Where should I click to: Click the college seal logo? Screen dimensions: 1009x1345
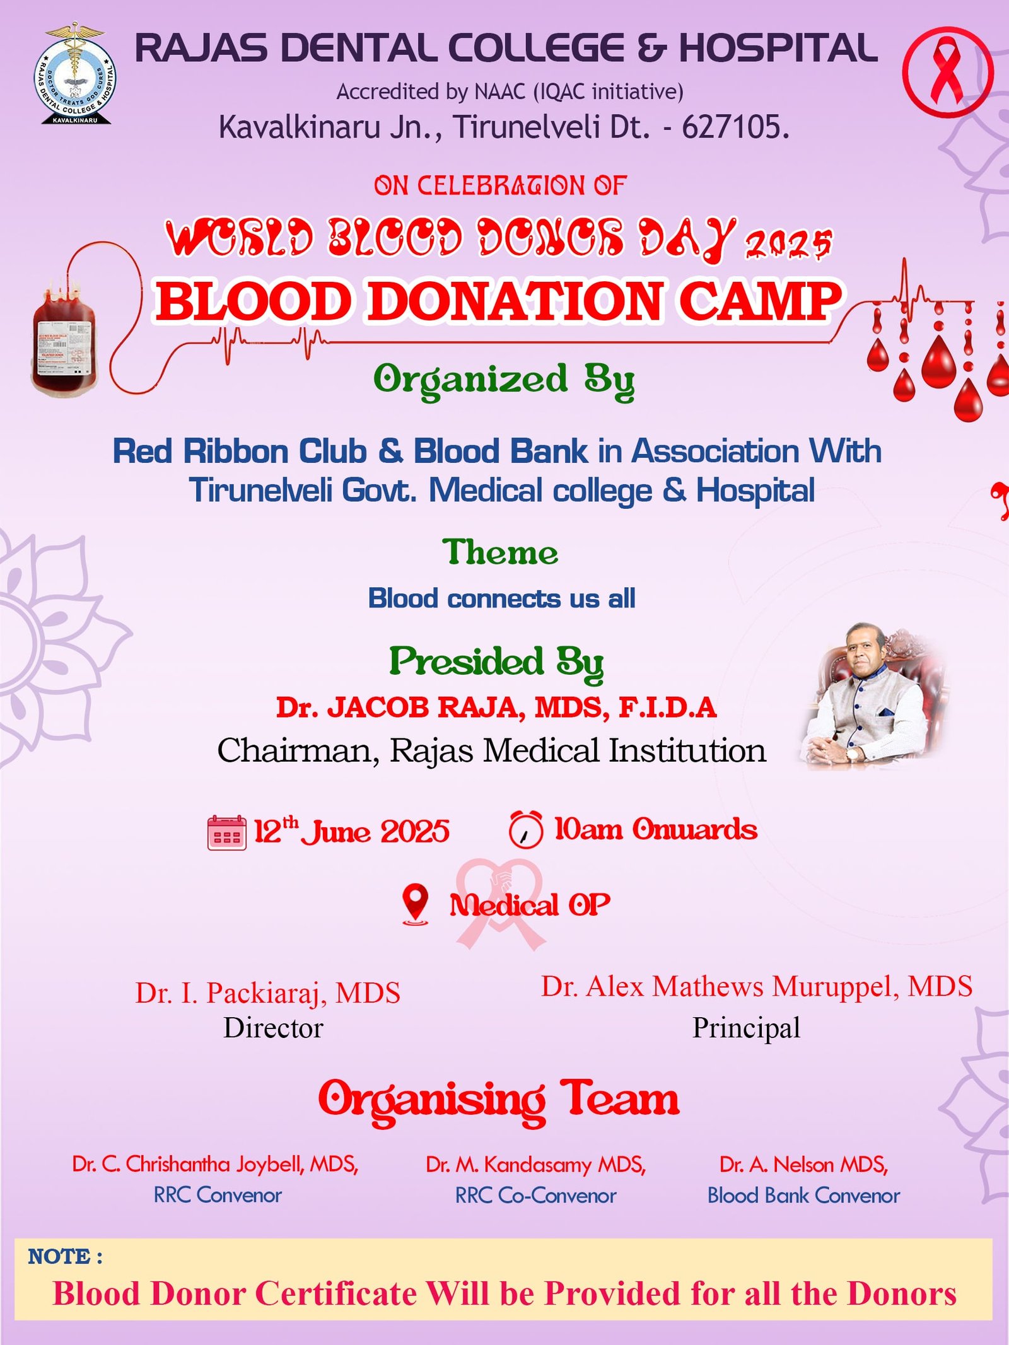point(74,74)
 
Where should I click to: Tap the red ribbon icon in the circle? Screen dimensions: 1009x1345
point(947,71)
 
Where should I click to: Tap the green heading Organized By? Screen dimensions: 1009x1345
point(504,380)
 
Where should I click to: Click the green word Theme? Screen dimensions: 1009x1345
point(500,552)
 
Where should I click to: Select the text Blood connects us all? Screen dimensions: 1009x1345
point(501,598)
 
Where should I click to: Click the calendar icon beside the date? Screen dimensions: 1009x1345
point(226,832)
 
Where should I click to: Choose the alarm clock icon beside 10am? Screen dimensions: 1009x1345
point(525,829)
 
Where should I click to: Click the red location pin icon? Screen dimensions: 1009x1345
point(415,904)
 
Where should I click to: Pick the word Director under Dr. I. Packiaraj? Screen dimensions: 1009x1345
point(273,1028)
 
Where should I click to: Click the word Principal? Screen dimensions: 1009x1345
point(746,1028)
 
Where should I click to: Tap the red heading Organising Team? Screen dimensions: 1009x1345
point(499,1100)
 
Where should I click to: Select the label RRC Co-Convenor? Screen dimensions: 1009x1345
point(535,1196)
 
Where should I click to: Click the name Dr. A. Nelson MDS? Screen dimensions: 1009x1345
point(803,1164)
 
